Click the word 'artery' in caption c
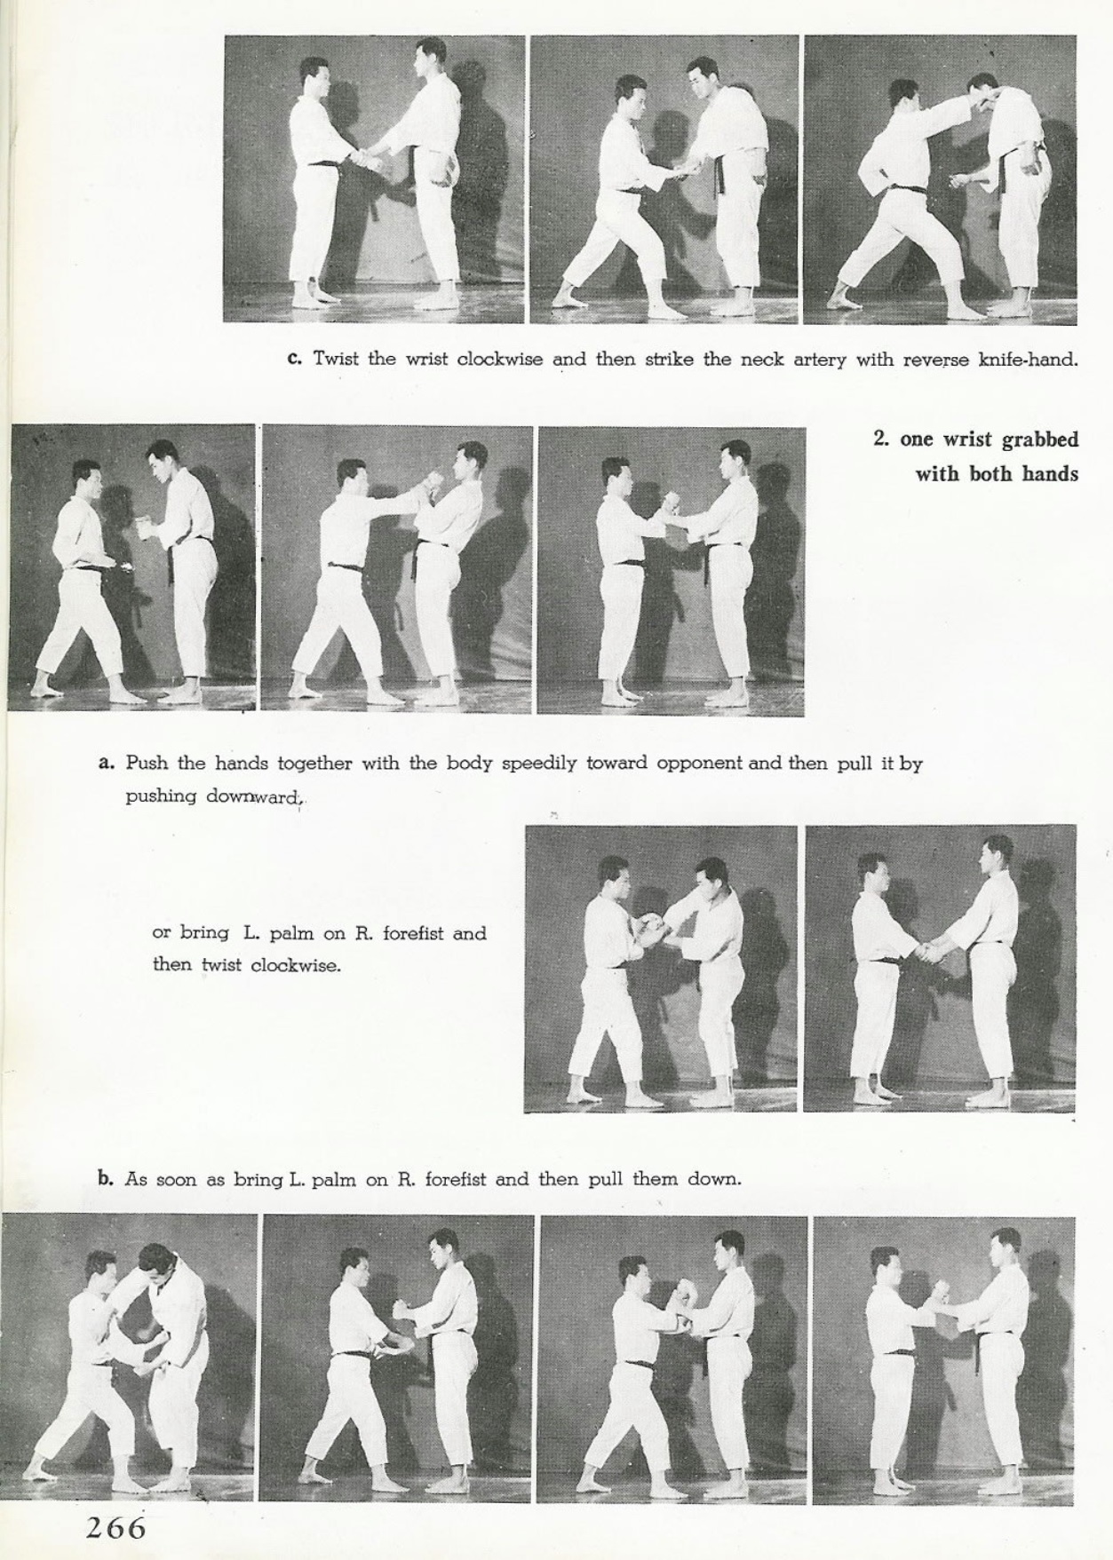[x=820, y=360]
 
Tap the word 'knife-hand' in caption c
[x=1028, y=360]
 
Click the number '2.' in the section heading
[x=881, y=440]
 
